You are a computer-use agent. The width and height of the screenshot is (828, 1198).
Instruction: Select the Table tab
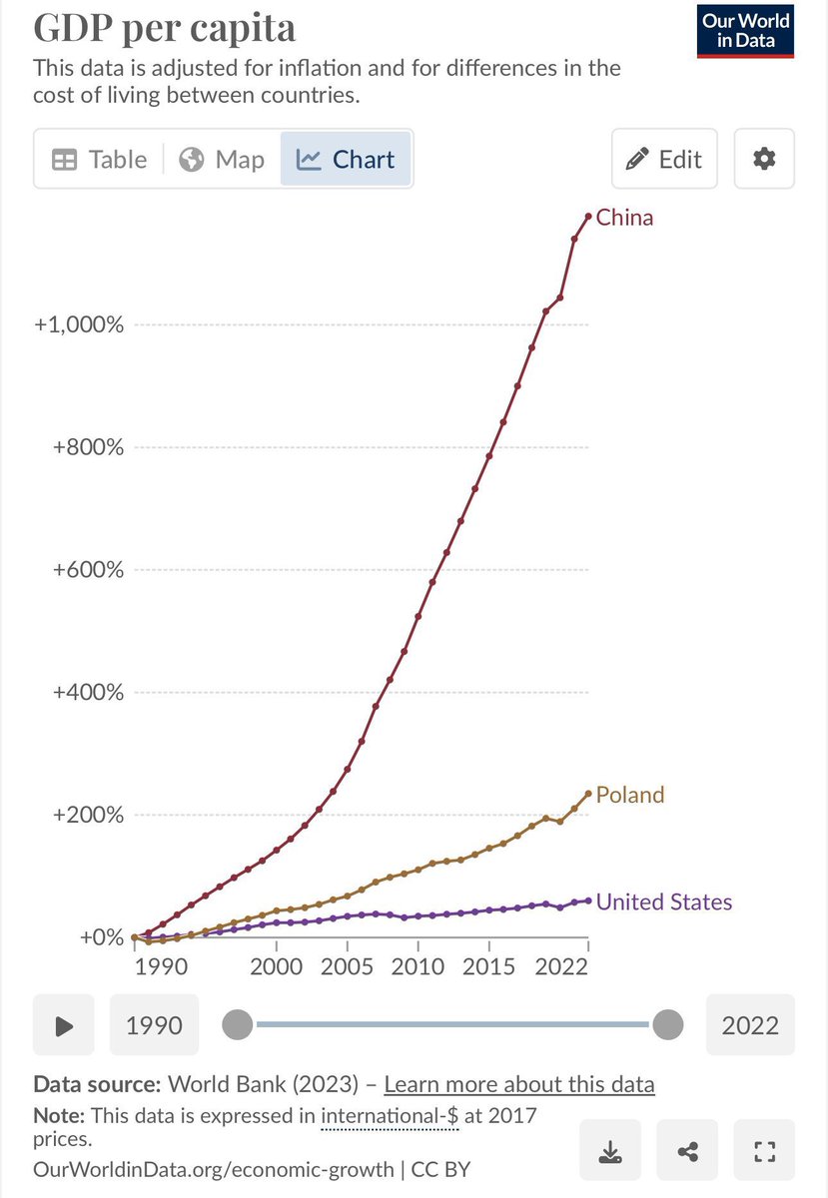point(99,160)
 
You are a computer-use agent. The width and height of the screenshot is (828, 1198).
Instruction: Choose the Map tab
point(222,160)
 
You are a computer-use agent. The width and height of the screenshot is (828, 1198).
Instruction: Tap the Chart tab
point(347,160)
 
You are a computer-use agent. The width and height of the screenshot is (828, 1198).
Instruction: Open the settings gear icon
point(764,159)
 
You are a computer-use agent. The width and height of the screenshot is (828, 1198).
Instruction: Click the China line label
point(624,218)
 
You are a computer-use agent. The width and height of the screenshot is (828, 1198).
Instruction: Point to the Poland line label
point(629,795)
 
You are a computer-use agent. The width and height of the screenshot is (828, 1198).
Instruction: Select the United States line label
point(663,902)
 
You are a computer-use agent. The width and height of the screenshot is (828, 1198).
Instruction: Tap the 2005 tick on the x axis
point(348,966)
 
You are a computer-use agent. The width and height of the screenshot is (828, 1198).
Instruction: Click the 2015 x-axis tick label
point(489,966)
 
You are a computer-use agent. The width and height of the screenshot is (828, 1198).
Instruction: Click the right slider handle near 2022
point(667,1024)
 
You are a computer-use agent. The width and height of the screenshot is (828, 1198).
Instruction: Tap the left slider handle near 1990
point(238,1024)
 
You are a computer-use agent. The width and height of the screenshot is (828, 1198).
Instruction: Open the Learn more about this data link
point(518,1084)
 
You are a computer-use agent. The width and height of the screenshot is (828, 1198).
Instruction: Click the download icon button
point(610,1152)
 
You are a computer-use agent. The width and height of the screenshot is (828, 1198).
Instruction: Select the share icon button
point(687,1152)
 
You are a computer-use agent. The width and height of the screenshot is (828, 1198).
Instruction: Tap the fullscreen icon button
point(764,1152)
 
